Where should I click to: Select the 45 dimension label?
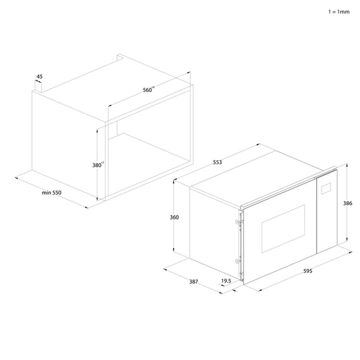(40, 77)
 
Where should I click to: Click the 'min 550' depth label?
(52, 193)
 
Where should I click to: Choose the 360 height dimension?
(174, 217)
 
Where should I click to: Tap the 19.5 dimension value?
(226, 281)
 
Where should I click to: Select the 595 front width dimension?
(307, 271)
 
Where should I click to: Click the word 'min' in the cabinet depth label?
(46, 193)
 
